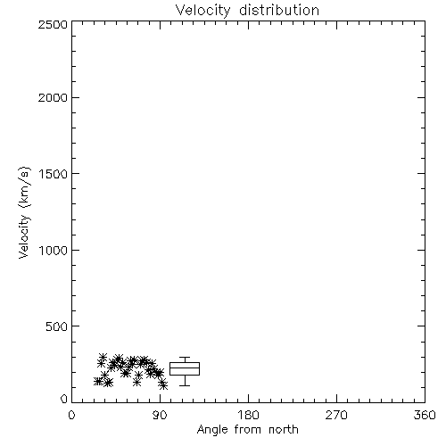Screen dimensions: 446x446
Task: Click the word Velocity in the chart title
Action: (x=203, y=11)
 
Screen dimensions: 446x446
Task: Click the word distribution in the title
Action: (x=279, y=10)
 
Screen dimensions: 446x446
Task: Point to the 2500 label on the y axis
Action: (x=53, y=24)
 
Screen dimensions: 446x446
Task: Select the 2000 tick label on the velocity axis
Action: (x=53, y=97)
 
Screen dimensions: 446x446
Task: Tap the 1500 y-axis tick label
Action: (x=54, y=174)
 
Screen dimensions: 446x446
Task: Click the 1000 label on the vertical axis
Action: (x=54, y=251)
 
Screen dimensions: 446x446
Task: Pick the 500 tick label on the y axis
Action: (x=57, y=326)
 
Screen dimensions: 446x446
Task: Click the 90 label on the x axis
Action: (x=160, y=415)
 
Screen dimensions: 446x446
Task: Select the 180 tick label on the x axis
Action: (x=248, y=415)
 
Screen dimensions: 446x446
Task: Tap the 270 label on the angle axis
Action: (x=336, y=415)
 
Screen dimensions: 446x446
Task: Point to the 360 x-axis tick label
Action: (x=425, y=415)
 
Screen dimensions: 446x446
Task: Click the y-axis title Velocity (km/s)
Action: (x=24, y=212)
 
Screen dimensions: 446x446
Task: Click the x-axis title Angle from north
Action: (x=248, y=430)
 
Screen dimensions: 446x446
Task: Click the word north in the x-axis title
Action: (x=284, y=429)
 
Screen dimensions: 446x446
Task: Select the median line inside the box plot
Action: (x=185, y=368)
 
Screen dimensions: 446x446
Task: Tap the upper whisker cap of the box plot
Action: (x=185, y=357)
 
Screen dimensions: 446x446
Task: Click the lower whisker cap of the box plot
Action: (x=185, y=385)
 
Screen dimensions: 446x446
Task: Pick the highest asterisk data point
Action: (x=103, y=357)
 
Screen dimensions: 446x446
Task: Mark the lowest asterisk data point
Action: (x=163, y=386)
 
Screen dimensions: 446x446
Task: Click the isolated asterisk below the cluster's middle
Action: (x=136, y=383)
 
